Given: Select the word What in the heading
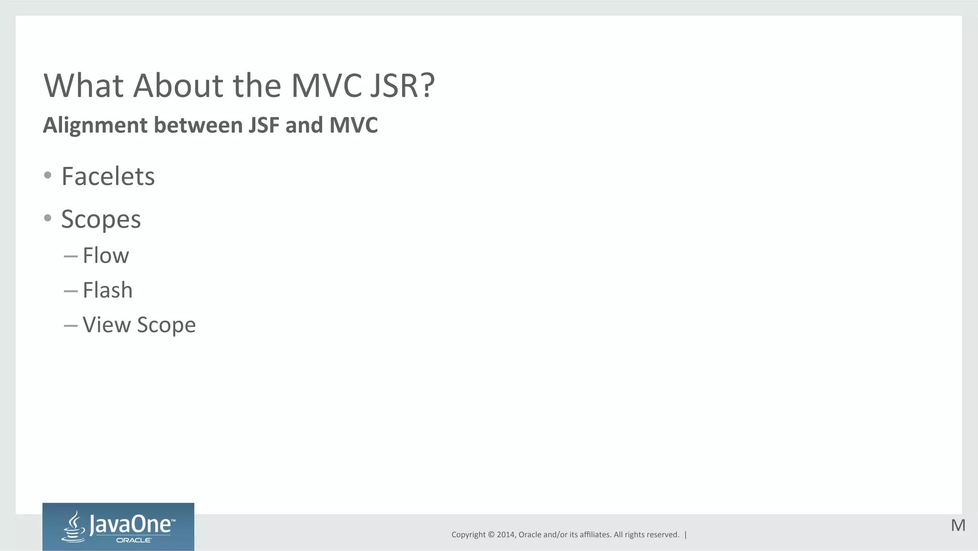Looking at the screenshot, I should pyautogui.click(x=84, y=86).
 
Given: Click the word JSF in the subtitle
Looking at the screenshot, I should pyautogui.click(x=264, y=125).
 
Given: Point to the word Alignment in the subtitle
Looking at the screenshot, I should pyautogui.click(x=96, y=125).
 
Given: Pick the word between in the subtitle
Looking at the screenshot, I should pyautogui.click(x=198, y=125).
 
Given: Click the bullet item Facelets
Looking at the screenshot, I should pyautogui.click(x=108, y=176).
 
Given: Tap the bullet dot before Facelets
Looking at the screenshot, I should pyautogui.click(x=47, y=175).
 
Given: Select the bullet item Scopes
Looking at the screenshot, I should pyautogui.click(x=101, y=219).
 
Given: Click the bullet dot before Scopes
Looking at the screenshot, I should pyautogui.click(x=47, y=218).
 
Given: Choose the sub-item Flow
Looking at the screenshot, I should pyautogui.click(x=106, y=256).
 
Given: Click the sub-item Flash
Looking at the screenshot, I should pyautogui.click(x=107, y=290).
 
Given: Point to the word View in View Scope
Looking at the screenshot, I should pyautogui.click(x=106, y=325).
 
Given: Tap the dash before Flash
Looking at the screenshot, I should pyautogui.click(x=70, y=291).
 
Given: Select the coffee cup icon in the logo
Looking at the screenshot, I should pyautogui.click(x=74, y=527).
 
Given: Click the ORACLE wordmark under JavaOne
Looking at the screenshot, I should pyautogui.click(x=134, y=540).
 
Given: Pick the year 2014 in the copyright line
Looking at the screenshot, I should pyautogui.click(x=506, y=535).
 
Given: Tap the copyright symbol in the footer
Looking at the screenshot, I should pyautogui.click(x=490, y=535).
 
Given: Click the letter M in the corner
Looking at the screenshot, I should pyautogui.click(x=958, y=526).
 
